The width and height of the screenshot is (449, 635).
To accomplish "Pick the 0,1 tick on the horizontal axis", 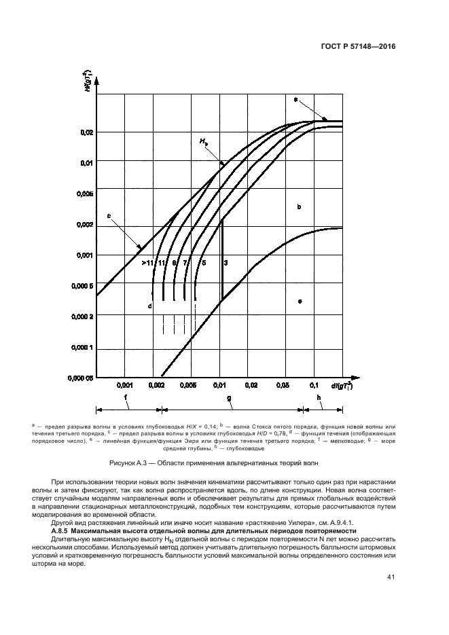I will click(314, 385).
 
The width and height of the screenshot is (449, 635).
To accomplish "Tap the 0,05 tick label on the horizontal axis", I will click(281, 385).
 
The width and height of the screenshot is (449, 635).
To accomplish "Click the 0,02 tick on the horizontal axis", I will click(251, 385).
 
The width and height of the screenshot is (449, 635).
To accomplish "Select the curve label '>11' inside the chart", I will click(147, 262).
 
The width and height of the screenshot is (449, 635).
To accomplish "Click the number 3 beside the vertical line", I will click(226, 262).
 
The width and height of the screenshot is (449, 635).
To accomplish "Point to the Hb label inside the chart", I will click(204, 141).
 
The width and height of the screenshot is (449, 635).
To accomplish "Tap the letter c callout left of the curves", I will click(109, 216).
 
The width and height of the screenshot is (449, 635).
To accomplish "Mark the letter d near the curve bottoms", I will click(149, 306).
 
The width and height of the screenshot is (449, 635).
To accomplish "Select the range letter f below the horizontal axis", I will click(125, 398).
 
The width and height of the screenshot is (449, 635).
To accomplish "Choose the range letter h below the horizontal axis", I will click(320, 398).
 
